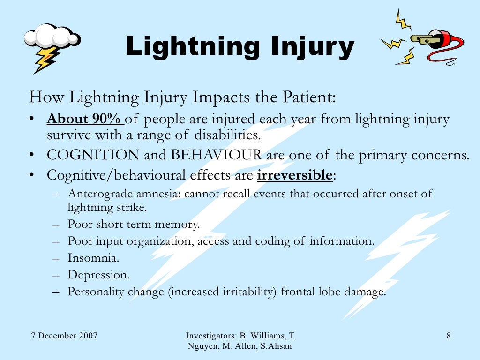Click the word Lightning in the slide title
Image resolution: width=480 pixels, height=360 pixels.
tap(192, 47)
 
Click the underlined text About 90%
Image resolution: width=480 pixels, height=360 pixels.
tap(85, 120)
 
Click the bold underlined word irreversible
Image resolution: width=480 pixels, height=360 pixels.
tap(295, 175)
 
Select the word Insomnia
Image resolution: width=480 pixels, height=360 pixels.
tap(87, 257)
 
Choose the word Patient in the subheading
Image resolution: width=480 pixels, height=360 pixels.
tap(309, 98)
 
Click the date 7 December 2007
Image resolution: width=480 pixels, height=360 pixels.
tap(64, 336)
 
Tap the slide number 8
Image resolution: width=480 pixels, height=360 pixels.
tap(449, 336)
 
